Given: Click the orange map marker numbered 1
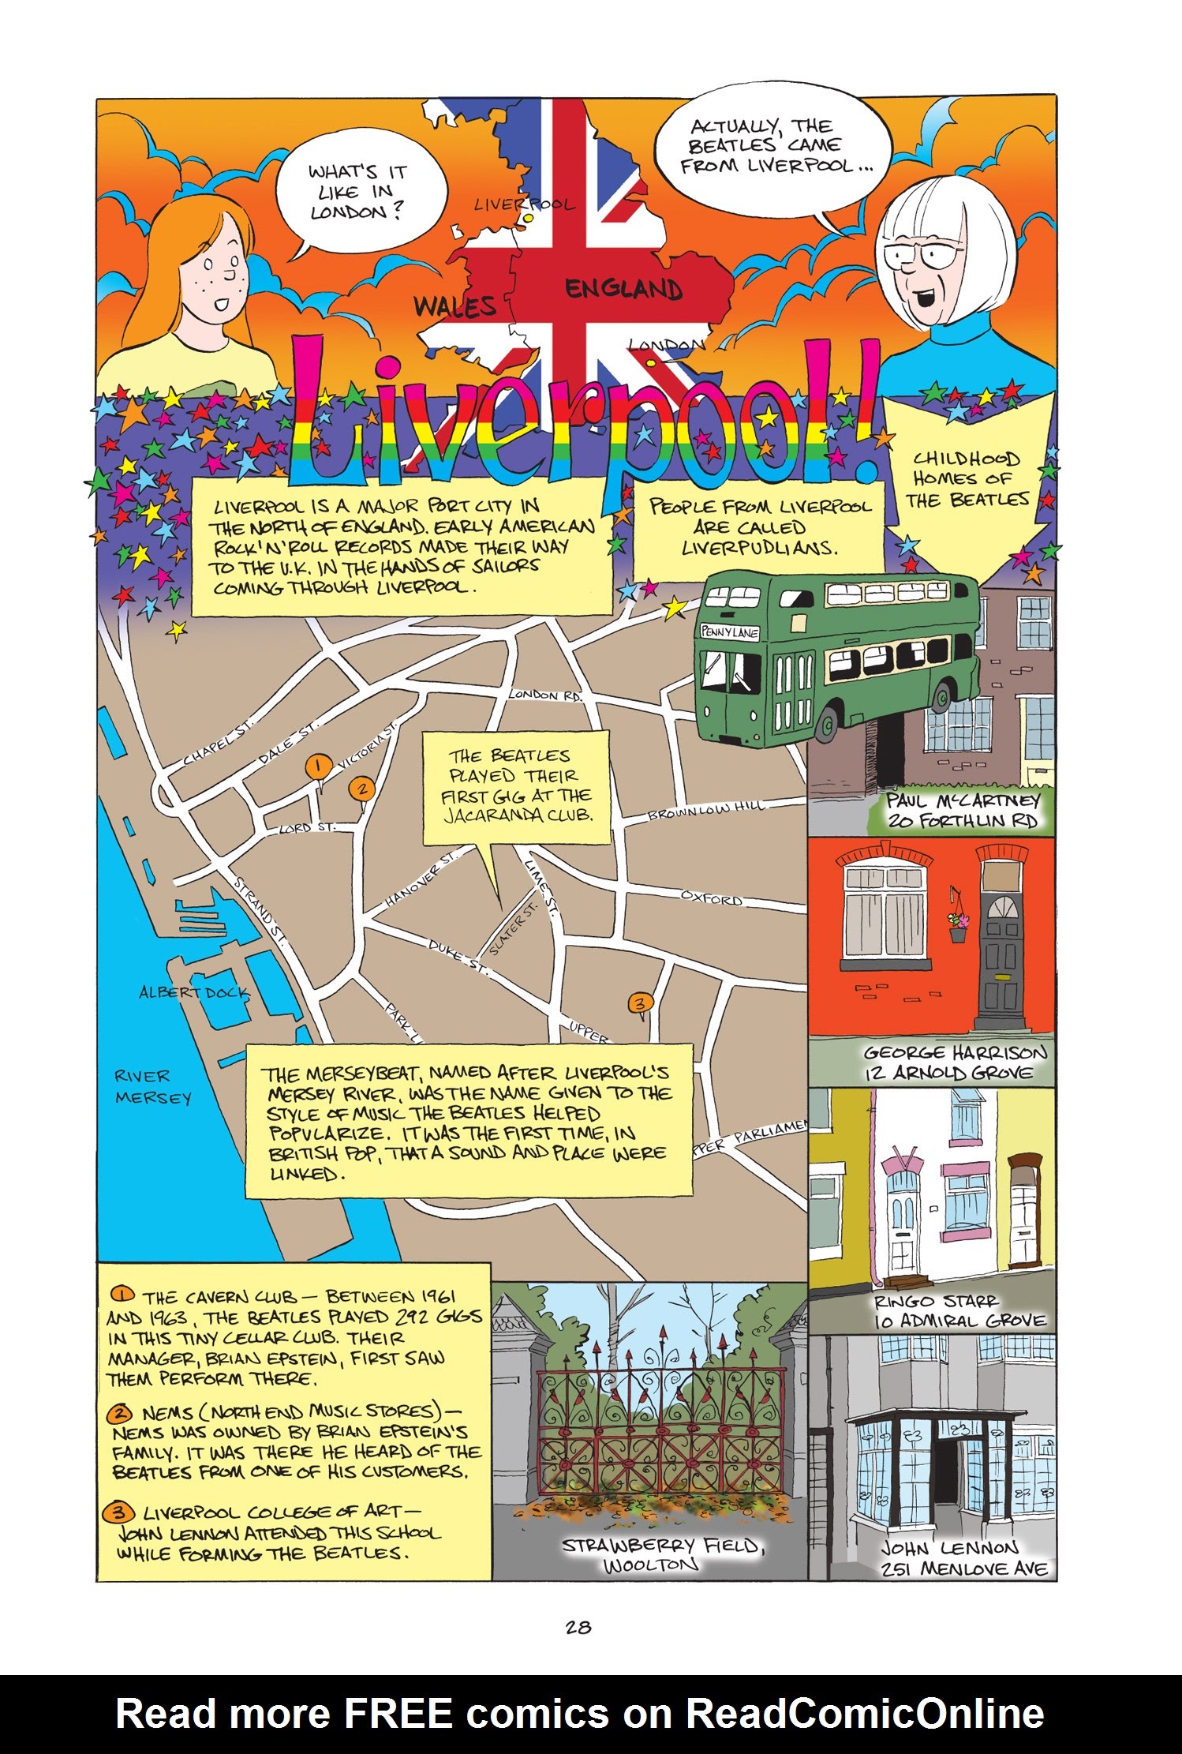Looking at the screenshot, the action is (x=317, y=766).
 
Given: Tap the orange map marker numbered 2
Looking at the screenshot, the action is (x=361, y=788).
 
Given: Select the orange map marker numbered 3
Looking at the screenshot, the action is (x=641, y=1003).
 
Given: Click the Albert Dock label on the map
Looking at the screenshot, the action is (x=193, y=992).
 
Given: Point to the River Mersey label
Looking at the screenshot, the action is (x=153, y=1087).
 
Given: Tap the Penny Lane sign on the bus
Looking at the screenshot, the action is (x=730, y=632).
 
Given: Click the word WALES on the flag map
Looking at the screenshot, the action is (x=456, y=306).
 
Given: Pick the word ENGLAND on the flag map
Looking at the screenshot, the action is (x=623, y=289).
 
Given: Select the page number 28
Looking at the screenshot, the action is (x=578, y=1627).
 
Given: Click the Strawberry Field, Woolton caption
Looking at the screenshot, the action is (x=661, y=1554).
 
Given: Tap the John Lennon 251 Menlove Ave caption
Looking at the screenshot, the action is (x=963, y=1558).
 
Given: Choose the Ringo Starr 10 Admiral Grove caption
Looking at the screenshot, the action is (x=959, y=1311).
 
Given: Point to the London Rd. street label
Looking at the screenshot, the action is (x=545, y=695).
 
